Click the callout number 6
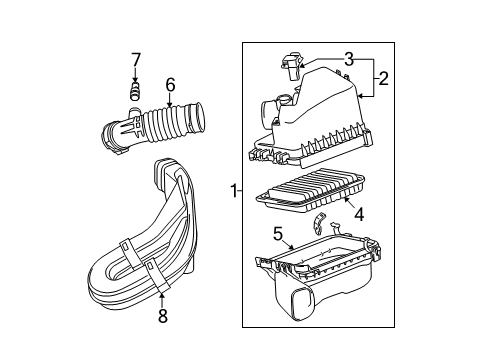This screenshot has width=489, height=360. click(x=170, y=86)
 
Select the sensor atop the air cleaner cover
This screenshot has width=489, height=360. click(x=292, y=67)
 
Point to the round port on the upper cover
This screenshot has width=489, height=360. click(x=281, y=101)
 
